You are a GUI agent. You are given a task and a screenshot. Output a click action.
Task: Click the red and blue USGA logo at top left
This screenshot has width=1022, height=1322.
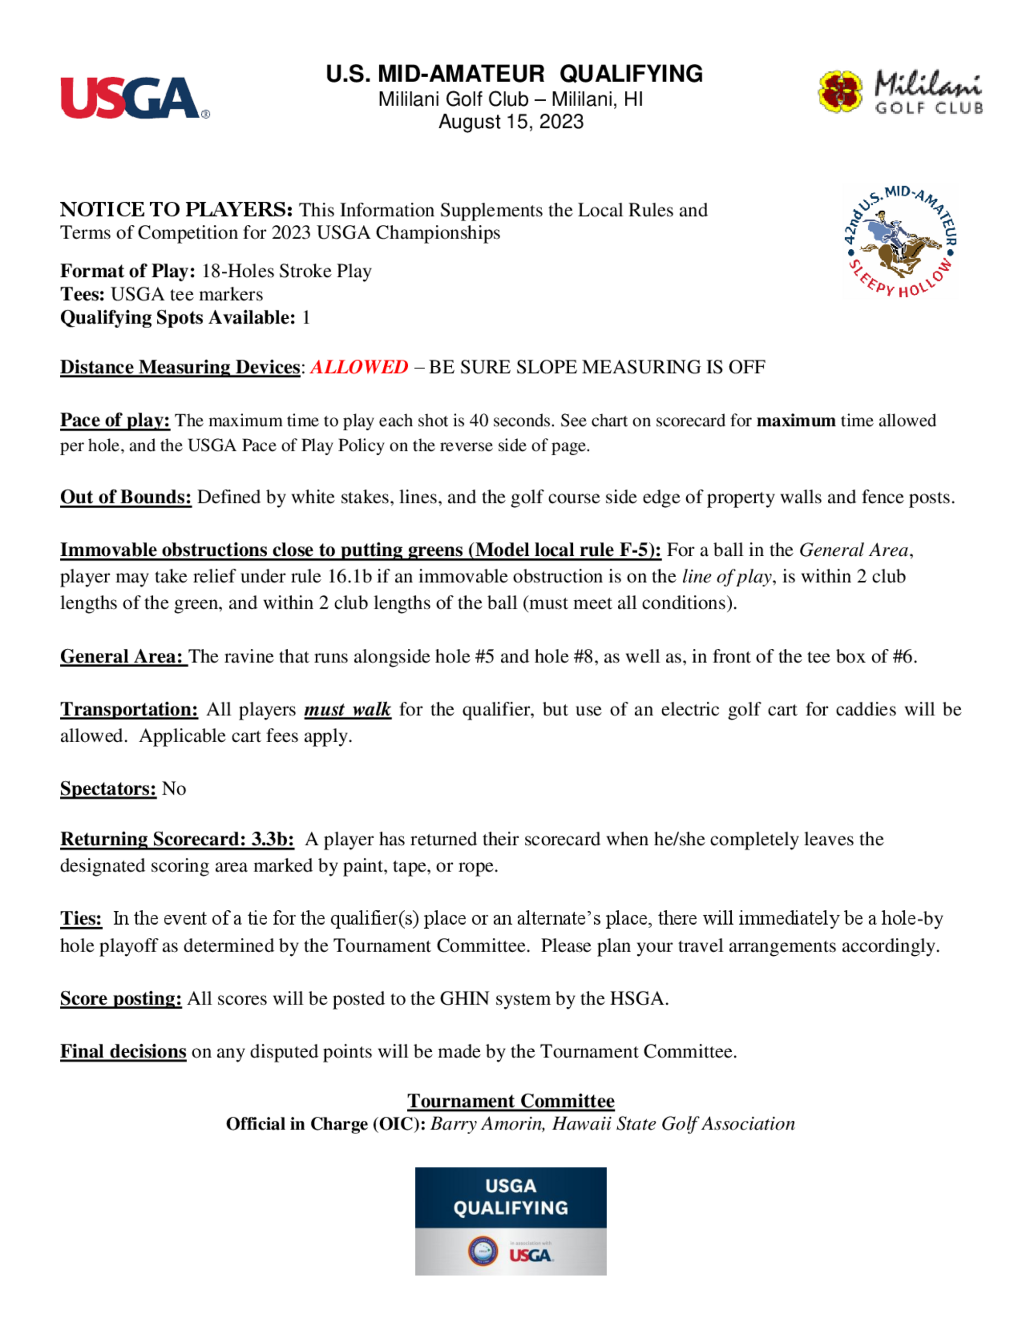point(134,98)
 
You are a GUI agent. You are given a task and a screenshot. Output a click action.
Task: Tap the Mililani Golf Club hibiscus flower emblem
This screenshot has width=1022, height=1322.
point(841,91)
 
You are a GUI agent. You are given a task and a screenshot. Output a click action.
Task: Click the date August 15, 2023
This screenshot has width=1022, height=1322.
point(511,122)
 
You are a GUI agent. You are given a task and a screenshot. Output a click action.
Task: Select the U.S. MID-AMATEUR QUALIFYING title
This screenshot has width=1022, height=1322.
point(514,74)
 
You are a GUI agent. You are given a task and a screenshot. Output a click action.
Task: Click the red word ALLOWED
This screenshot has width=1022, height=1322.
point(359,367)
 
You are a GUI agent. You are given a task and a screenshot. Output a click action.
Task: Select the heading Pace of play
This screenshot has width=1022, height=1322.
point(115,420)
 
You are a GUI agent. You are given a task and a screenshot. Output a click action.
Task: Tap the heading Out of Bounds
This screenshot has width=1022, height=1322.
point(125,497)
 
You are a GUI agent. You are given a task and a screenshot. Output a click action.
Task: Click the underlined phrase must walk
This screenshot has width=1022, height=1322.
point(347,710)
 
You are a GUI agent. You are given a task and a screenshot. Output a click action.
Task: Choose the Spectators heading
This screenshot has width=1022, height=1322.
point(108,789)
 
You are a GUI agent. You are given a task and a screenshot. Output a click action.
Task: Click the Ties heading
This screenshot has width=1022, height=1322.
point(81,919)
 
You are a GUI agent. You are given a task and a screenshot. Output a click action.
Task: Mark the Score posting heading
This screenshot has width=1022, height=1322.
point(121,999)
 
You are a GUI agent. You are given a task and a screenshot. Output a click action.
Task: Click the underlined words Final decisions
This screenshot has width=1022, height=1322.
point(123,1052)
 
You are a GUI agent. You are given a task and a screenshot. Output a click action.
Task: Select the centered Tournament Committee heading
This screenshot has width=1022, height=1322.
point(510,1101)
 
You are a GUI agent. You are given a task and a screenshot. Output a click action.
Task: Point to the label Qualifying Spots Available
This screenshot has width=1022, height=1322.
point(177,318)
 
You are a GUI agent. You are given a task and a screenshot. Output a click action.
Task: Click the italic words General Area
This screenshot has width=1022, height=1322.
point(854,550)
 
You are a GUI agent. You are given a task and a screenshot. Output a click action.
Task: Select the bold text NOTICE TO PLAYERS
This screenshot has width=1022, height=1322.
point(176,209)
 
